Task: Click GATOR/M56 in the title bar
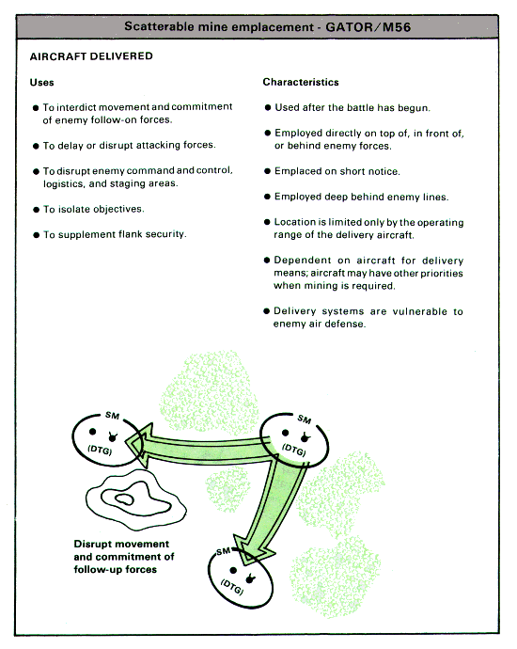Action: point(368,27)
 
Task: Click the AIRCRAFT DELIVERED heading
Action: point(91,56)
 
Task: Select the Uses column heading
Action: point(41,83)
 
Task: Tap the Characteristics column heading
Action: point(301,82)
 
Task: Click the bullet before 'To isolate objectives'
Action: point(36,210)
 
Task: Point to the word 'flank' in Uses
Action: point(130,234)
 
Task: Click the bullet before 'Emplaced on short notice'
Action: point(267,171)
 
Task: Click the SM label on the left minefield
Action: point(113,415)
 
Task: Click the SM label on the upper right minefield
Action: point(304,419)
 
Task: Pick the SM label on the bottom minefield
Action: point(224,551)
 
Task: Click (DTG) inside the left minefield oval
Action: point(100,450)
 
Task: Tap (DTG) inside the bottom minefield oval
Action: point(232,587)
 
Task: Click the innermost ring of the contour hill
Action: point(124,500)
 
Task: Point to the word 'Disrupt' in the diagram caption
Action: point(94,545)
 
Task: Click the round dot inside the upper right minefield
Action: point(285,433)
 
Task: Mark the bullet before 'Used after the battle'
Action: point(268,107)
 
